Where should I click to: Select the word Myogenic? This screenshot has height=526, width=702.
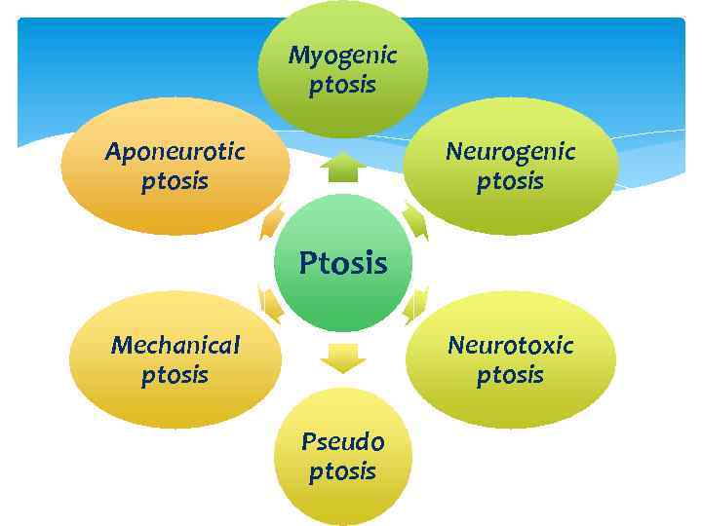[342, 55]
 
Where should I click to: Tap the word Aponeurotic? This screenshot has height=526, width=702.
[175, 152]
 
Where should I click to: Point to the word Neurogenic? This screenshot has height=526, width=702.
[510, 152]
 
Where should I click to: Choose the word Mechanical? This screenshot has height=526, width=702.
[175, 345]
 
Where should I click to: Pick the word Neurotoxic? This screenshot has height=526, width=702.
[510, 345]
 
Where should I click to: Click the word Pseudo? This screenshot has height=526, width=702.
[342, 441]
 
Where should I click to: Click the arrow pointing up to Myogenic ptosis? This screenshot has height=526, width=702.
[342, 168]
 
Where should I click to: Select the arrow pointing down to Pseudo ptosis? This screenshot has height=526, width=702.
[342, 358]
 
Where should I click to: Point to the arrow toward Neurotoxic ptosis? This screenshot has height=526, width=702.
[415, 305]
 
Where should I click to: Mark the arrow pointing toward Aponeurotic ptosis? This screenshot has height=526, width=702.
[271, 221]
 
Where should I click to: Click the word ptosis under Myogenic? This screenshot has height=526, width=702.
[342, 86]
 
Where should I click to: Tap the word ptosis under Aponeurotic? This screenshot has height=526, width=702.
[175, 182]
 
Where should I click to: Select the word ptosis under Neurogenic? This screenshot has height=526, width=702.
[510, 182]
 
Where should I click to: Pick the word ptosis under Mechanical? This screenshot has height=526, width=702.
[175, 375]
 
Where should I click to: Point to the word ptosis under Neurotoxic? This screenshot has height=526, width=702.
[510, 375]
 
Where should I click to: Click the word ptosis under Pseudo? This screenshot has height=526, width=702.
[342, 472]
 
